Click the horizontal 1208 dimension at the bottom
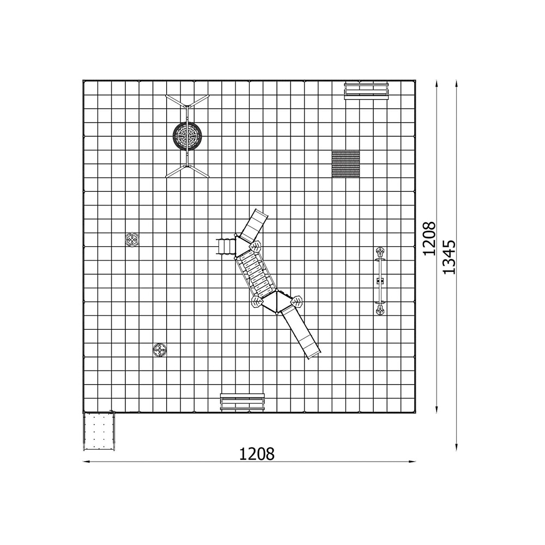click(257, 454)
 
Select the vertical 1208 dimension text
click(429, 239)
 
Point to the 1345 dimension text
click(449, 257)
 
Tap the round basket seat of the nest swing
click(187, 136)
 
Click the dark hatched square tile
click(346, 163)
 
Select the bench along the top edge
click(366, 90)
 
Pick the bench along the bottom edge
click(243, 402)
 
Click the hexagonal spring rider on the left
click(132, 239)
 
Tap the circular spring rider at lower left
click(160, 350)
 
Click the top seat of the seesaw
click(380, 251)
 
